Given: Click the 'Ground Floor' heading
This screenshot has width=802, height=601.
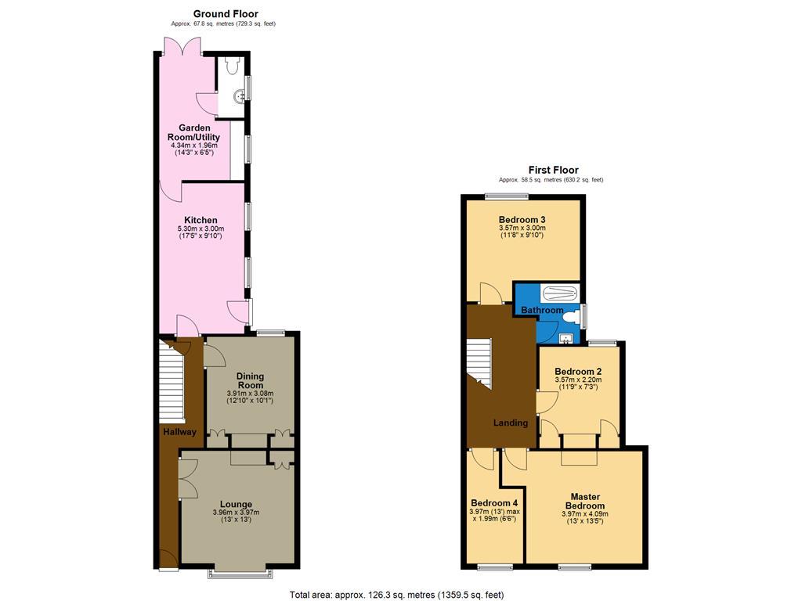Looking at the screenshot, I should tap(226, 13).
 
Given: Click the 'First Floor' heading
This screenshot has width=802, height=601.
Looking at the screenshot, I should tap(553, 170).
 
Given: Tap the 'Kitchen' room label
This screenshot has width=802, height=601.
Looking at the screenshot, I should tap(200, 220).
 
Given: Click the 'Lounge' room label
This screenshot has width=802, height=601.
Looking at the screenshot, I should tap(236, 504).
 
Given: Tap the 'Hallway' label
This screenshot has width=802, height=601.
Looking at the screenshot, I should tap(179, 432).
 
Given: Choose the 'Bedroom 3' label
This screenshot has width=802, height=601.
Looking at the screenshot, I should tap(522, 219).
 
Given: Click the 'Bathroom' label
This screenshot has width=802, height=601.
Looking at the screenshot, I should tap(543, 311).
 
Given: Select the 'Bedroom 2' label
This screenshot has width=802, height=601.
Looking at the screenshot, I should tap(577, 371).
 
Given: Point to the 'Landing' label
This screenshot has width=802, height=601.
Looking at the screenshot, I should tap(510, 423).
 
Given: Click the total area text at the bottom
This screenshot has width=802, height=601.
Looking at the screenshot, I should tap(396, 594).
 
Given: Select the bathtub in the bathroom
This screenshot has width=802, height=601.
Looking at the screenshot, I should tap(558, 294).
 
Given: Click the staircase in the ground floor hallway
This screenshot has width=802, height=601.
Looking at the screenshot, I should tap(171, 383).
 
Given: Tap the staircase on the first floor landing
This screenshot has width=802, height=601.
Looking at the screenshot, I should tap(479, 363).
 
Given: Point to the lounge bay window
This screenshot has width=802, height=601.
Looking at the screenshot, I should tap(241, 574).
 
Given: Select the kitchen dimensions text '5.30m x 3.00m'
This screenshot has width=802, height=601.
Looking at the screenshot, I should tap(200, 229).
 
